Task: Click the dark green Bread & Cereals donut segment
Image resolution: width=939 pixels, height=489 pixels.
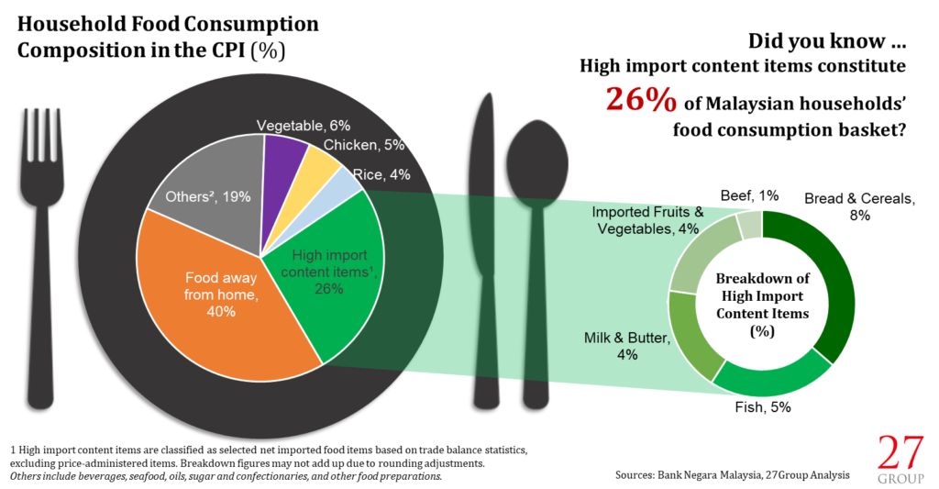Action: [x=825, y=275]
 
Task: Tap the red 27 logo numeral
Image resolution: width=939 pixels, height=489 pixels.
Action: [x=901, y=453]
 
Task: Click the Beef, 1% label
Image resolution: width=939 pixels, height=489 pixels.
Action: [x=748, y=195]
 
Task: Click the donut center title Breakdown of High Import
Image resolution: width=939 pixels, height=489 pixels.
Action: [x=763, y=287]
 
